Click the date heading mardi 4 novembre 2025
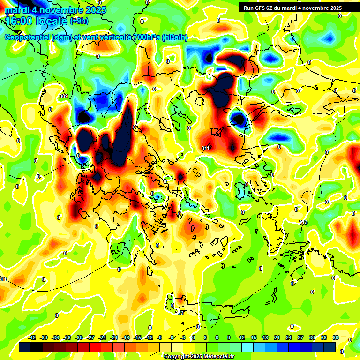point(55,10)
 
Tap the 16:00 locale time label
point(36,21)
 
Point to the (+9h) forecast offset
point(78,21)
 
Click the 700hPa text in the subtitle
point(143,37)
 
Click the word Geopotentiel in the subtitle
point(27,37)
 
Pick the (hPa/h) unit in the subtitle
point(174,37)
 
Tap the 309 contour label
point(64,96)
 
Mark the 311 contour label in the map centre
point(205,148)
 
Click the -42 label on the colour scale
point(32,337)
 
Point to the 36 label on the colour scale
point(336,337)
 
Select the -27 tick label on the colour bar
point(91,337)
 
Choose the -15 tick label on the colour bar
point(137,337)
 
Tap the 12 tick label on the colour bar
point(242,337)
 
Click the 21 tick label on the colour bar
point(277,337)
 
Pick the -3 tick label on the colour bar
point(183,337)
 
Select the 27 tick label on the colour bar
point(300,337)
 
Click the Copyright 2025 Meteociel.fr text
point(199,356)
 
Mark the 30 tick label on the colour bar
point(312,337)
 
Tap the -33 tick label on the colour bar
point(67,337)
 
